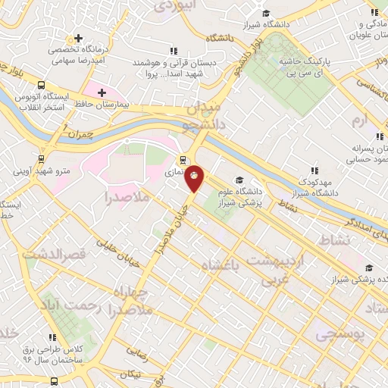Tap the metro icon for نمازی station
coord(182,160)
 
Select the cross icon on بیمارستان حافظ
coord(102,92)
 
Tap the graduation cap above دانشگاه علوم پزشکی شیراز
coord(239,180)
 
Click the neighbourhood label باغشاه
coord(224,264)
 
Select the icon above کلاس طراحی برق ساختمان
coord(52,337)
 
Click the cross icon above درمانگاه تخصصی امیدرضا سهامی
coord(79,39)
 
